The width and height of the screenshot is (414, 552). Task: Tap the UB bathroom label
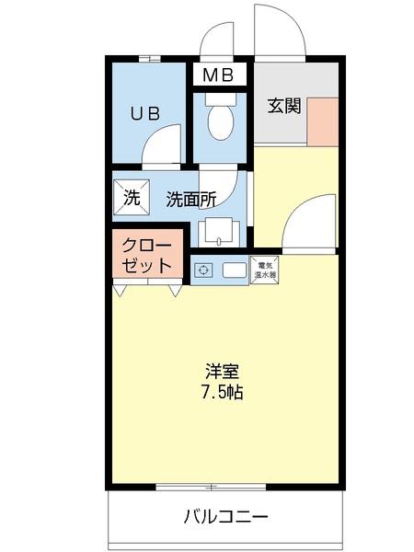click(x=144, y=114)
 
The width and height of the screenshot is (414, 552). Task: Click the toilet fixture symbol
click(x=220, y=121)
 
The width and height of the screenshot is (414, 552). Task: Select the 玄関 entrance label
click(x=284, y=105)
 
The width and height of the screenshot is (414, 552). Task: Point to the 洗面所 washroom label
click(x=190, y=198)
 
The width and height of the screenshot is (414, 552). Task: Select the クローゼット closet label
click(x=146, y=257)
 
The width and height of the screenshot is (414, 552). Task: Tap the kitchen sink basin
click(x=234, y=270)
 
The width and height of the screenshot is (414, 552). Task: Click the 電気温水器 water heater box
click(x=265, y=269)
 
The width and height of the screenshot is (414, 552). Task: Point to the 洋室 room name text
click(x=223, y=372)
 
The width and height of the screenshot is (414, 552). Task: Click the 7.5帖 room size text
click(x=223, y=392)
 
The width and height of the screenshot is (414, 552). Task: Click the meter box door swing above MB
click(x=219, y=41)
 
